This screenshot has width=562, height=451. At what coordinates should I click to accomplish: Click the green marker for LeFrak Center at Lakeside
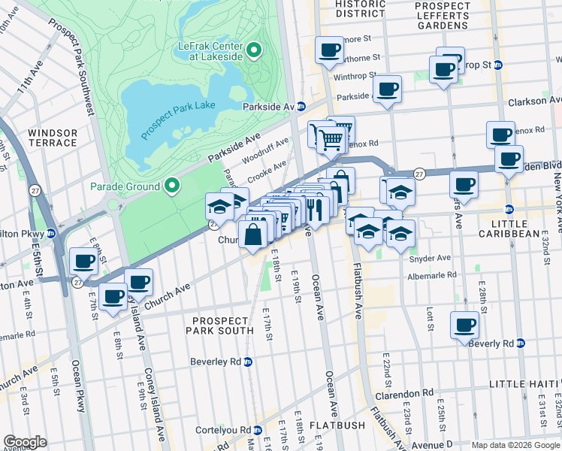click(254, 51)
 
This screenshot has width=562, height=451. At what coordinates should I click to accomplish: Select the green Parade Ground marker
click(172, 186)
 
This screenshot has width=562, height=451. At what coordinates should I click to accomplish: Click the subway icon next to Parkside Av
click(301, 107)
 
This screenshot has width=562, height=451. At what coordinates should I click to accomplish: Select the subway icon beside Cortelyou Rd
click(258, 431)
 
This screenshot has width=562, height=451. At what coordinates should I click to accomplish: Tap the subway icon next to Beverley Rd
click(248, 362)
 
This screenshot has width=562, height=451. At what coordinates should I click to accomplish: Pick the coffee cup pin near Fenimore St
click(328, 50)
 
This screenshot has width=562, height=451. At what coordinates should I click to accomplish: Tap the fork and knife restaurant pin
click(314, 208)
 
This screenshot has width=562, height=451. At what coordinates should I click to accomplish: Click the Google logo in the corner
click(26, 442)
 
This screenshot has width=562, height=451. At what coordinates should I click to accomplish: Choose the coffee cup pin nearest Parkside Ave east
click(388, 89)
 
